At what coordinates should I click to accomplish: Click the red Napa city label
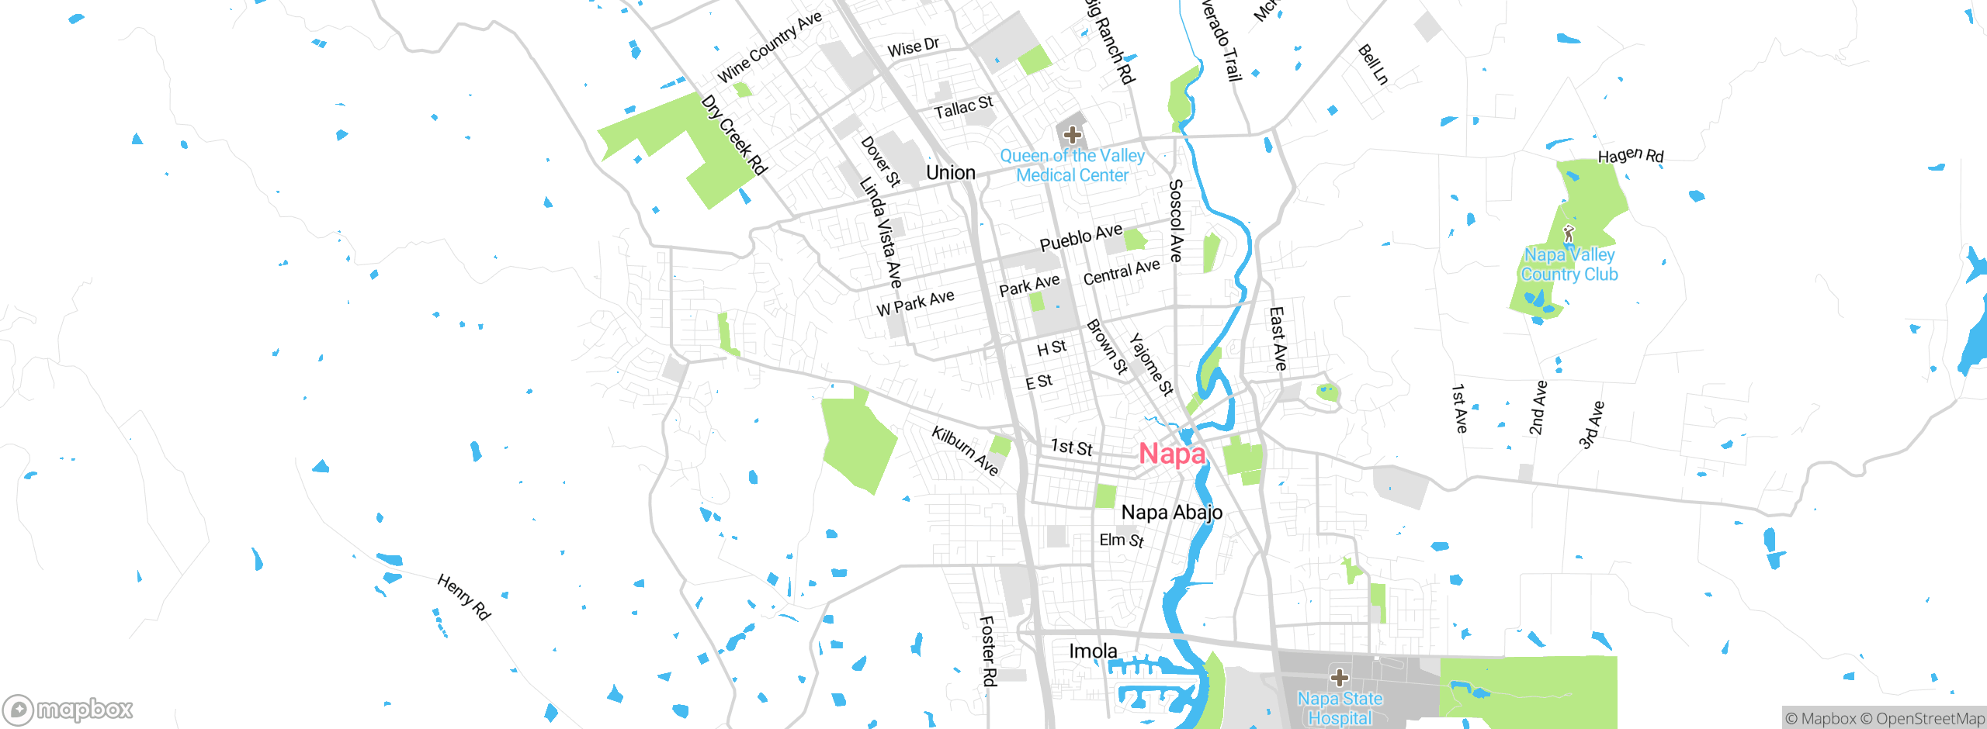[1172, 454]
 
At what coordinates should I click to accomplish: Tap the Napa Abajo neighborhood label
[1172, 512]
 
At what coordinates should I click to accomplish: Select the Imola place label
[1093, 651]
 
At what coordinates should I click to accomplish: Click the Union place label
[951, 172]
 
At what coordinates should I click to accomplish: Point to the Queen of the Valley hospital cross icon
[1072, 134]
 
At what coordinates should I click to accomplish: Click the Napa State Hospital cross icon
[1340, 678]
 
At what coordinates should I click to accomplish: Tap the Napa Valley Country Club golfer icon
[1569, 233]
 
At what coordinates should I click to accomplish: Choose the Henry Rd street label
[464, 596]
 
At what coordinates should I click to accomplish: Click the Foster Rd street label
[987, 651]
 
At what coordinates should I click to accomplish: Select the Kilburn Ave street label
[965, 450]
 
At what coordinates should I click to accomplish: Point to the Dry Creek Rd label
[733, 135]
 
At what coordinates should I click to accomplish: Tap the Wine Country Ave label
[769, 47]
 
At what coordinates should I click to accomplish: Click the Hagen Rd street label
[1631, 155]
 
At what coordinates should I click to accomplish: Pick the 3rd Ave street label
[1591, 425]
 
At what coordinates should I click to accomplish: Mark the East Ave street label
[1278, 338]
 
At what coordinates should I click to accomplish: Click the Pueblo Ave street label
[1080, 237]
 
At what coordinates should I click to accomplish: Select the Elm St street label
[1122, 540]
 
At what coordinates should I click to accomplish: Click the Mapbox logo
[68, 709]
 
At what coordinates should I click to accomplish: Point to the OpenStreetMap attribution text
[1929, 719]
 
